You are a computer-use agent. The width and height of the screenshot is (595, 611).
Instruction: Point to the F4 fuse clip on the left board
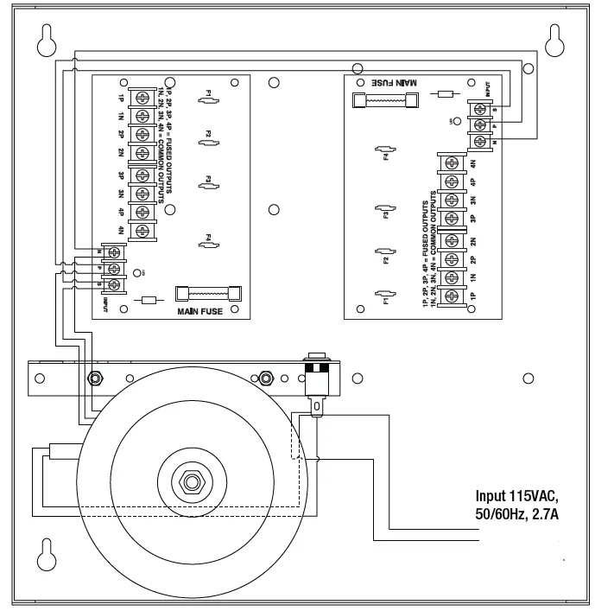(208, 245)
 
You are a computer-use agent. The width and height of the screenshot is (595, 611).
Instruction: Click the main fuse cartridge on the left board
(207, 293)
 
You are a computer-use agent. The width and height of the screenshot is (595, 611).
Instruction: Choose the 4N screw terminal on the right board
(450, 163)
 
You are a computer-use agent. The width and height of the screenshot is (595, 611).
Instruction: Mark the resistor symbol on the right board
(446, 93)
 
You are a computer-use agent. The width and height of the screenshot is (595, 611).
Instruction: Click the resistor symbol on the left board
(148, 301)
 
